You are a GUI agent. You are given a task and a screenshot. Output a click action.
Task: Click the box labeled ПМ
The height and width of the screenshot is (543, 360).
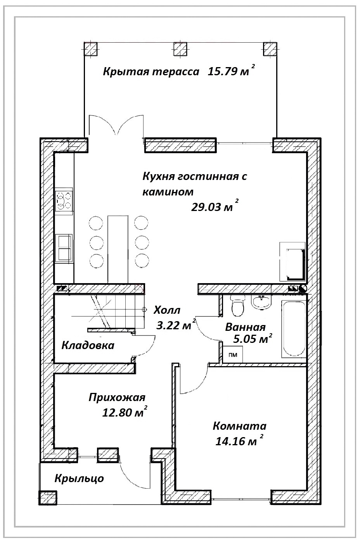point(232,355)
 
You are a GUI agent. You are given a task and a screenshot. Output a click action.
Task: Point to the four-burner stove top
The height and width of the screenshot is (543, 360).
point(64,201)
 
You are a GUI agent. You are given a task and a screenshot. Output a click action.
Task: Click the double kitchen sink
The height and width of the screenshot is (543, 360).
point(64,248)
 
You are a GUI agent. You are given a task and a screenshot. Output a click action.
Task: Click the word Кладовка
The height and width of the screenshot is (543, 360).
point(88,346)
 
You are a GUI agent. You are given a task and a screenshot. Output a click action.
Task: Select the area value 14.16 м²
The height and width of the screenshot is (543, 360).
point(239,441)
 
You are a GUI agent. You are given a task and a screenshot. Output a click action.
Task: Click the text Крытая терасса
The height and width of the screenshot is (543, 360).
point(151,72)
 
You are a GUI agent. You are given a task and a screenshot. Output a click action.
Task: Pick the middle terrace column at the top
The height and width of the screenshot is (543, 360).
point(180,49)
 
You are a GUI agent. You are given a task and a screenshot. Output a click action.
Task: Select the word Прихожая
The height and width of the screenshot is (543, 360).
point(117,398)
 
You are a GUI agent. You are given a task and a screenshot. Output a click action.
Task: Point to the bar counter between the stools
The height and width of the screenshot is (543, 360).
point(118,249)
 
